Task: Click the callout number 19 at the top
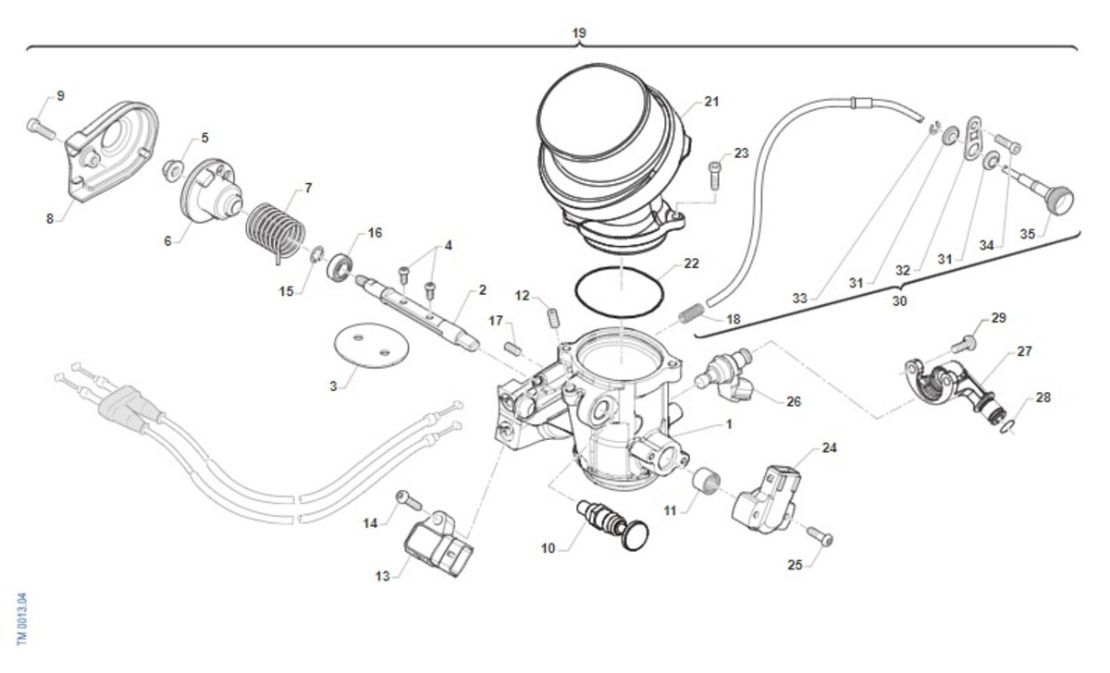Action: tap(579, 32)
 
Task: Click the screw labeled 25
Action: tap(819, 536)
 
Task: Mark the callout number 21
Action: tap(710, 102)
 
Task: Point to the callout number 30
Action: tap(899, 301)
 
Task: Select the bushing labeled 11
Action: tap(708, 483)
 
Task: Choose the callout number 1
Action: tap(728, 424)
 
